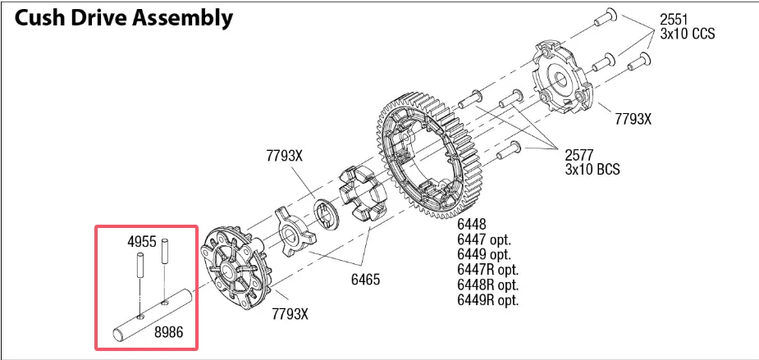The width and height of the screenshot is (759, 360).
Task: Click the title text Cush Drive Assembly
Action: pyautogui.click(x=124, y=18)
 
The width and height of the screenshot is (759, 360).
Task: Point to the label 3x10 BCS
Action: pyautogui.click(x=592, y=169)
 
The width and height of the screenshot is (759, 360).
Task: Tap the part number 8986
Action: pyautogui.click(x=169, y=332)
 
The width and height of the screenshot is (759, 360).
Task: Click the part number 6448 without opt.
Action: pyautogui.click(x=472, y=224)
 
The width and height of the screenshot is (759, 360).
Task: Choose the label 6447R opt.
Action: pyautogui.click(x=487, y=269)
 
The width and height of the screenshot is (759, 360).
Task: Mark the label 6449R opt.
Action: pyautogui.click(x=487, y=299)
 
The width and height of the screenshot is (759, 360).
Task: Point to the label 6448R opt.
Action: pyautogui.click(x=487, y=285)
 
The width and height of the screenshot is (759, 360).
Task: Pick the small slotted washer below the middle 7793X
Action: pyautogui.click(x=327, y=214)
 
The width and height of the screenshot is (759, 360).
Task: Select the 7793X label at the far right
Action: pyautogui.click(x=633, y=118)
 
